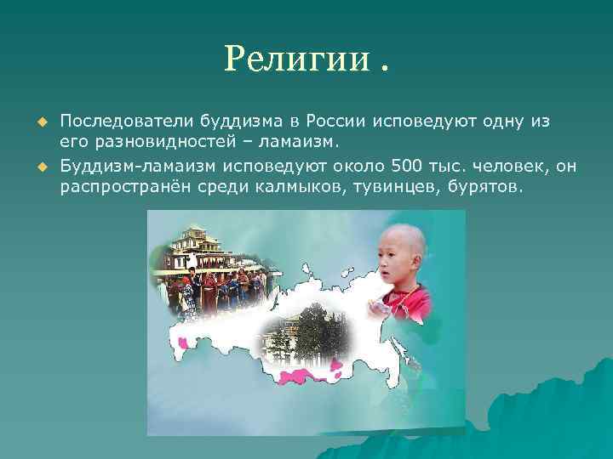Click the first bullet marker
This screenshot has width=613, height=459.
39,122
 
